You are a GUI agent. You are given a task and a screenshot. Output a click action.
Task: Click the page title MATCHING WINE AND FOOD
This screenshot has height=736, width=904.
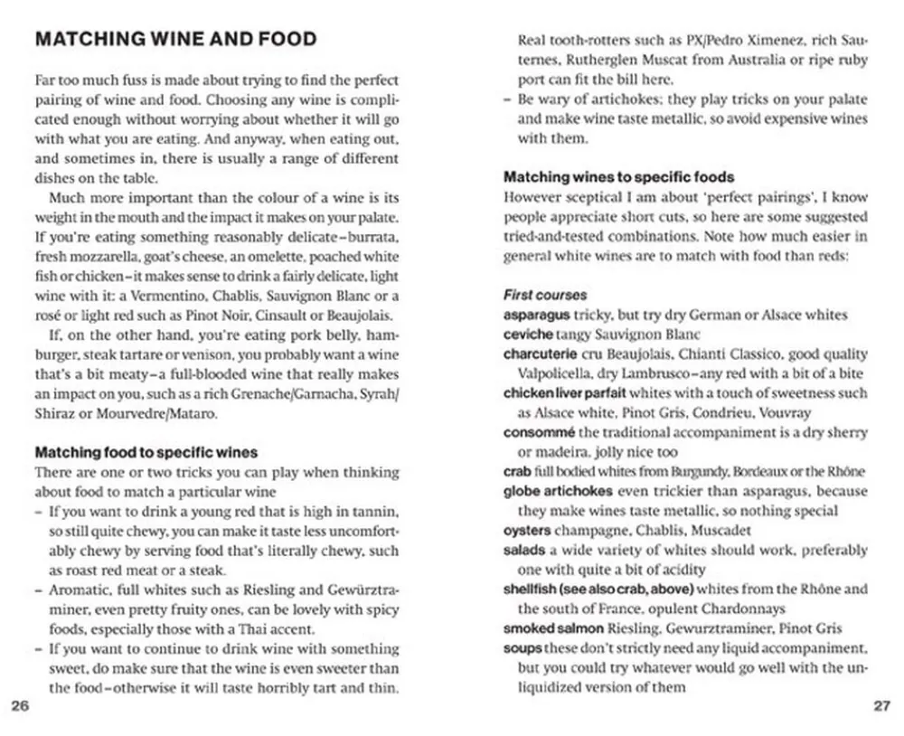tap(175, 40)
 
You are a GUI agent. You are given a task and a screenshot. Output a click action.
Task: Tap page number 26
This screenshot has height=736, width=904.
tap(20, 706)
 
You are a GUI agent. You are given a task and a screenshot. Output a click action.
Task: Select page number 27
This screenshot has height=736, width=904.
tap(881, 706)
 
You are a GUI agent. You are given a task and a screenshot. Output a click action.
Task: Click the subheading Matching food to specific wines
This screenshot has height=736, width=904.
tap(146, 453)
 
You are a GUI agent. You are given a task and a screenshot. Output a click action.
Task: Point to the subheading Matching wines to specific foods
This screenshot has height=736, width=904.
tap(618, 177)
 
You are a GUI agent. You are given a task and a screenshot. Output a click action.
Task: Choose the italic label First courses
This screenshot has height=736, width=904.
tap(545, 296)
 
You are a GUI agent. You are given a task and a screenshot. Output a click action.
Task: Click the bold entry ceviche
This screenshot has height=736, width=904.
tap(529, 335)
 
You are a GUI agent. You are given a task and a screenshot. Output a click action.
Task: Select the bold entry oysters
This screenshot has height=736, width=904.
tap(527, 530)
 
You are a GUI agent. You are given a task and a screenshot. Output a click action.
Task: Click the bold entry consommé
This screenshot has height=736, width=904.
tap(540, 432)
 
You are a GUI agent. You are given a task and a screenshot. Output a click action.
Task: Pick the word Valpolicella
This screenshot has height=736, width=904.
tap(557, 373)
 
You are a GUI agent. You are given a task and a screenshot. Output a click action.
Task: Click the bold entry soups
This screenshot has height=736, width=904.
tap(523, 648)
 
